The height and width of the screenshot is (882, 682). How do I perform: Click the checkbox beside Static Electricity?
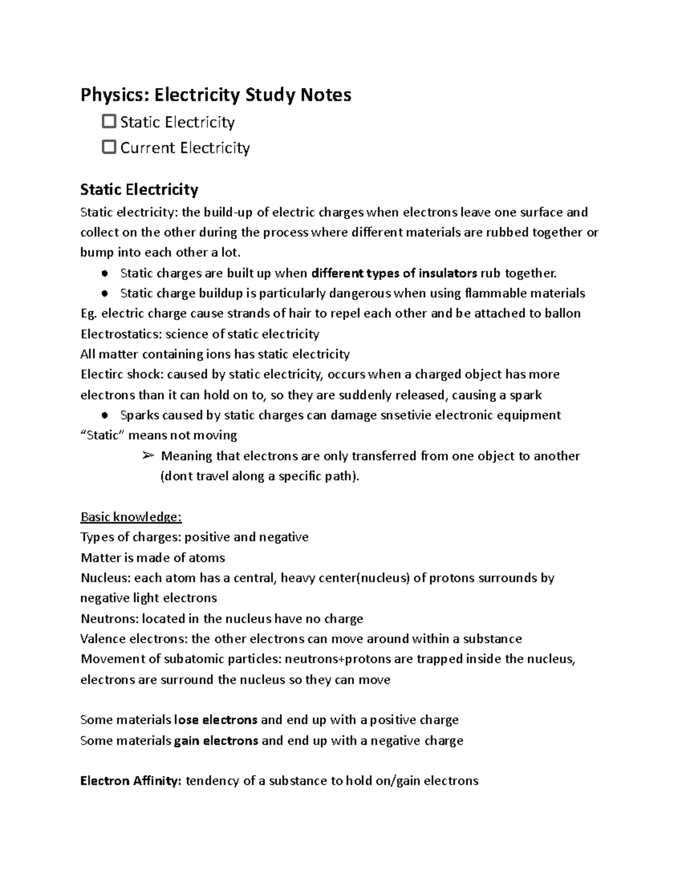[109, 122]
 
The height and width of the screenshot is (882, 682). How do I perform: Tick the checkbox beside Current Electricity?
[109, 147]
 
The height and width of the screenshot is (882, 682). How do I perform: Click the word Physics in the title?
[111, 95]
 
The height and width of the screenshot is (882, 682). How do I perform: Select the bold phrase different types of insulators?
[394, 273]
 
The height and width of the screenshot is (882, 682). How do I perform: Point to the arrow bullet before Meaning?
[148, 455]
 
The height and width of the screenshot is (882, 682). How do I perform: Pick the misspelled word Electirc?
[102, 374]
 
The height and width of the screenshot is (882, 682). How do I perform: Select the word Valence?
[103, 639]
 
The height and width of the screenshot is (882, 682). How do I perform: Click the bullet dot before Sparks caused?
[105, 415]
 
